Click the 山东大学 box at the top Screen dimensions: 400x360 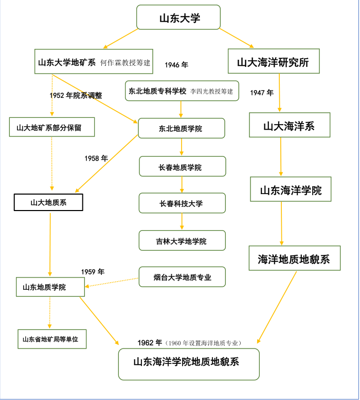pos(178,18)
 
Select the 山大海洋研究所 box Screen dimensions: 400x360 pos(274,62)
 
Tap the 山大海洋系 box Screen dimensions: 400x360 pos(289,126)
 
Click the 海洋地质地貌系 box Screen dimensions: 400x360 pos(294,258)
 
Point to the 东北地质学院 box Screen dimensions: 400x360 pos(181,128)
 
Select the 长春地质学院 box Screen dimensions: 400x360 pos(182,167)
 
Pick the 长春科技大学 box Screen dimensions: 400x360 pos(182,203)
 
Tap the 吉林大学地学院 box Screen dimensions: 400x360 pos(182,240)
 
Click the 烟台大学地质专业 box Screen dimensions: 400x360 pos(182,277)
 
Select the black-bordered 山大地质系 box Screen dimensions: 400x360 pos(48,202)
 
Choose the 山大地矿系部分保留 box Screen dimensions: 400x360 pos(52,127)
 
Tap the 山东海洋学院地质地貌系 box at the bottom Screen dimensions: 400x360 pos(189,363)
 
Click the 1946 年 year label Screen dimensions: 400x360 pos(176,65)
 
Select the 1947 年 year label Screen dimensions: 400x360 pos(262,93)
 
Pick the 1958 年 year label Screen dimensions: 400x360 pos(96,159)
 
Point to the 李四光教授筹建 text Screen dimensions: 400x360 pos(212,91)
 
